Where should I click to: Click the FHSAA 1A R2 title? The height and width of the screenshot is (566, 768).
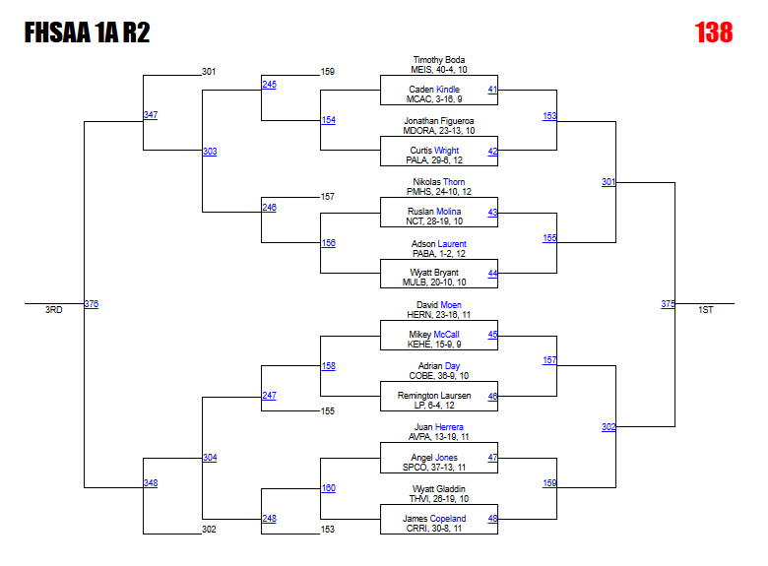(87, 33)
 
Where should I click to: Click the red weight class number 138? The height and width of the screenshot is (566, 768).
(714, 33)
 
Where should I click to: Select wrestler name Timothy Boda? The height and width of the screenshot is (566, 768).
(438, 60)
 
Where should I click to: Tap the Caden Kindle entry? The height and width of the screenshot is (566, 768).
(434, 90)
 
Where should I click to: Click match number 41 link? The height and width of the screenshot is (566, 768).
(492, 90)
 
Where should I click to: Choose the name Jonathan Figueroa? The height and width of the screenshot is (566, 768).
(438, 121)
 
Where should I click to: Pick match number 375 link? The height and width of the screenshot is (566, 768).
(668, 304)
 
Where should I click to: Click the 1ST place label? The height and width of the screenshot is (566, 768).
(705, 310)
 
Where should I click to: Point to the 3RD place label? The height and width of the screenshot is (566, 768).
(53, 310)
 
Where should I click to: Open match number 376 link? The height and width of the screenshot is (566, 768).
(91, 304)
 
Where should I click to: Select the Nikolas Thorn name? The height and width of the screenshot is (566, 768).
(438, 182)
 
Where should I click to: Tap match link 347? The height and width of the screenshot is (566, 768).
(150, 115)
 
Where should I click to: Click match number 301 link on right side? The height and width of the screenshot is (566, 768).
(608, 182)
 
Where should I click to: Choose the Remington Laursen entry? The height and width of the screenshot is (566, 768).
(434, 396)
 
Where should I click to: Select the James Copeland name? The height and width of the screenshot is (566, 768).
(434, 519)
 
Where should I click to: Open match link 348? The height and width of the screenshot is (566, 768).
(150, 483)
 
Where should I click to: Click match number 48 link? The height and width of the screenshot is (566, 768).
(492, 519)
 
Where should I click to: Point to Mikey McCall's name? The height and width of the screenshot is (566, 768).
(434, 335)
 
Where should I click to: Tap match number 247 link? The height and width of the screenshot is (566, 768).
(269, 396)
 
